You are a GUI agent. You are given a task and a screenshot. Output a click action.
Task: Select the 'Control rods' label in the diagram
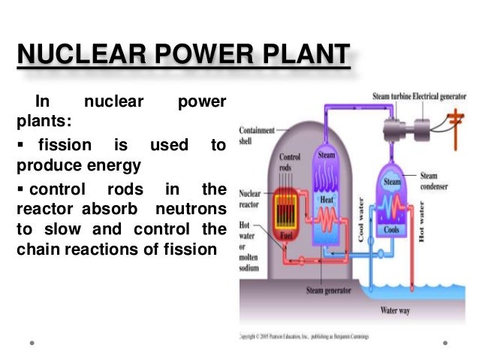coord(290,162)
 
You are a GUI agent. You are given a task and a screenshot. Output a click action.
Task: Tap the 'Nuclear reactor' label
coord(250,198)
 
